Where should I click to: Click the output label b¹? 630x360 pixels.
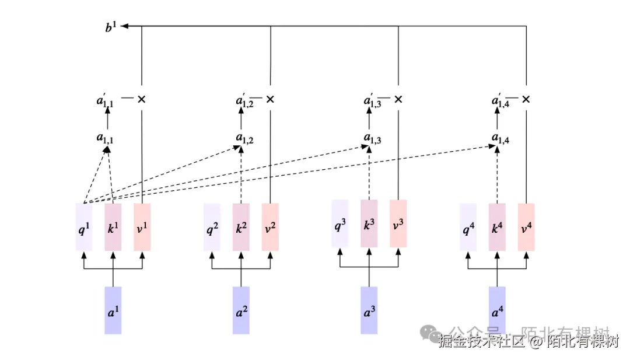pos(112,26)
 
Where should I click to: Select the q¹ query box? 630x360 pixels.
pos(84,227)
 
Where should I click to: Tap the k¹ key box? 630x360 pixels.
pos(113,227)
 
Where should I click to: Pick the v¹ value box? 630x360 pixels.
pos(142,227)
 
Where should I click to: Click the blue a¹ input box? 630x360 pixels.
pos(113,310)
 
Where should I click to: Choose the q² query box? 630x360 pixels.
pos(212,227)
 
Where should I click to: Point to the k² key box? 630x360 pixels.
pos(241,227)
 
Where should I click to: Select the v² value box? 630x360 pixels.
pos(270,227)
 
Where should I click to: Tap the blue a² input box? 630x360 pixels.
pos(241,310)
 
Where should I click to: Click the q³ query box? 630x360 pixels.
pos(340,223)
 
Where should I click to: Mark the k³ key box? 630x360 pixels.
pos(369,223)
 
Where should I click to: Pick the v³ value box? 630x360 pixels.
pos(398,223)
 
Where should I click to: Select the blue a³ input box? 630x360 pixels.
pos(369,310)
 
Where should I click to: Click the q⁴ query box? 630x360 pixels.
pos(468,227)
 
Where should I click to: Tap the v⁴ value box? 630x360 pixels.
pos(526,227)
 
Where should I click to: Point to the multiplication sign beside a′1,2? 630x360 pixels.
pos(270,100)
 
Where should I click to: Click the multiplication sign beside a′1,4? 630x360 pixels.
pos(526,100)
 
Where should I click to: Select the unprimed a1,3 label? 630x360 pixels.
pos(369,138)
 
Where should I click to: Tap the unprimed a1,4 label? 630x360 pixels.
pos(498,138)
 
